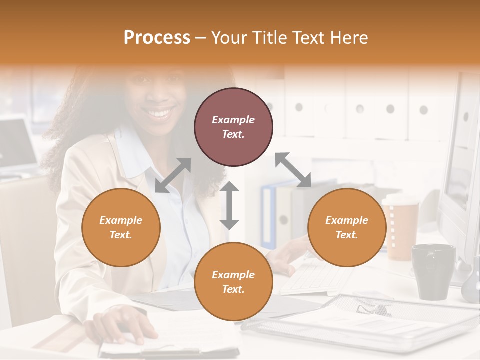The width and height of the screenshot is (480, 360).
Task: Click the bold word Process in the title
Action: (x=157, y=38)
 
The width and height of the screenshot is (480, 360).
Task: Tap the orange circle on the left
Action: (x=121, y=227)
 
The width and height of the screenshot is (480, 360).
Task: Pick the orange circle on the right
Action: (x=347, y=227)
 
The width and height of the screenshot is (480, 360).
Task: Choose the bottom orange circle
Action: (x=233, y=282)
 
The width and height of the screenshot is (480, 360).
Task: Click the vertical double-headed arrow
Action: (x=229, y=205)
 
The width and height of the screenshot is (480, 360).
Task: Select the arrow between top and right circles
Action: (x=293, y=170)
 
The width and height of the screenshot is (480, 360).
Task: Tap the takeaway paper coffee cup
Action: (x=400, y=227)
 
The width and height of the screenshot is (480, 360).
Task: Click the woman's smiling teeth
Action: (x=160, y=113)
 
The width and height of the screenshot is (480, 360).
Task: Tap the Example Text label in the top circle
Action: (x=233, y=127)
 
